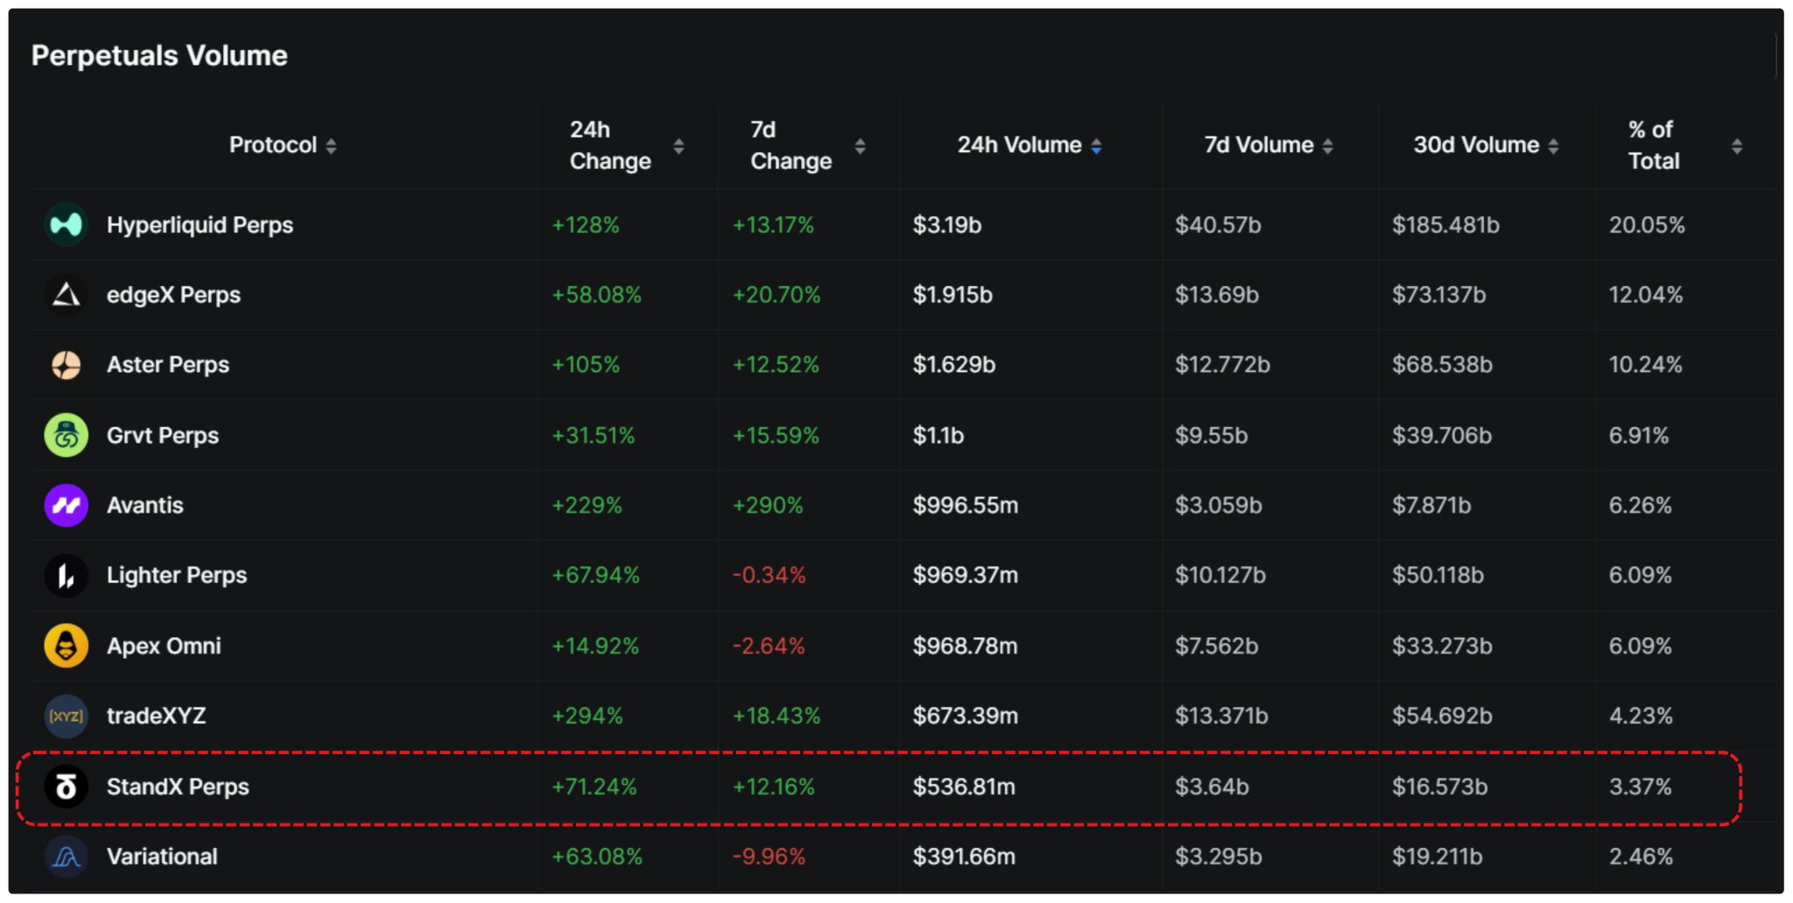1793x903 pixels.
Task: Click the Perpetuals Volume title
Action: [x=159, y=56]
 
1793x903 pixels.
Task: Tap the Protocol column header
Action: [x=272, y=145]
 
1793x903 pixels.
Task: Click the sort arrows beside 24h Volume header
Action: [x=1096, y=147]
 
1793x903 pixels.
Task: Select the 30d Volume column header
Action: [x=1476, y=145]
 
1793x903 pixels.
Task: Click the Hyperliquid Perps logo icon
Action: [x=67, y=225]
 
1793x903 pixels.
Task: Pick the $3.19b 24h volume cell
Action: [x=946, y=225]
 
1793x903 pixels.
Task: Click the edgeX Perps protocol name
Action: [x=173, y=295]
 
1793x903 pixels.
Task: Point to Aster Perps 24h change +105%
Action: [x=586, y=365]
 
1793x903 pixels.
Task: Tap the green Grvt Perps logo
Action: [x=67, y=435]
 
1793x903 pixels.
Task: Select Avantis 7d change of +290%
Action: [x=768, y=506]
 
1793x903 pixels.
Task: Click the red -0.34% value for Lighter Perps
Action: [x=769, y=576]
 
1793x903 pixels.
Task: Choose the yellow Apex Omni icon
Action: [x=67, y=646]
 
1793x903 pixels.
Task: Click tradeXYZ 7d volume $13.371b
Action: [x=1221, y=716]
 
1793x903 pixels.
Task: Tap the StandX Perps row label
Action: [x=178, y=787]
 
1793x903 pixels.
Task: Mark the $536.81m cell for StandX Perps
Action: [x=964, y=787]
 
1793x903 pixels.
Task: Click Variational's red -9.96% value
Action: [x=769, y=857]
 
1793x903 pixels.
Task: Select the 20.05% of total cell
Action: [x=1647, y=225]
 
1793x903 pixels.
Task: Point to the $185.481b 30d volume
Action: [x=1445, y=225]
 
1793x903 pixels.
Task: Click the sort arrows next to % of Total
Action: [x=1737, y=147]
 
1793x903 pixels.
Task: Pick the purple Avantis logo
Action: [x=67, y=506]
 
